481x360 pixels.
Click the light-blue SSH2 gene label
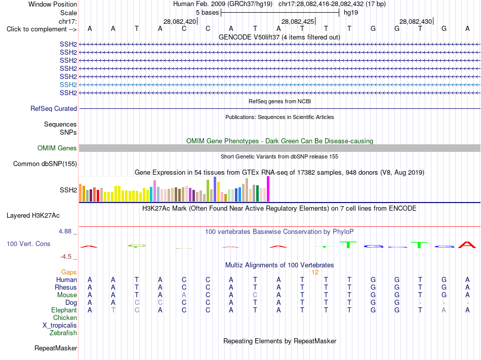coord(68,85)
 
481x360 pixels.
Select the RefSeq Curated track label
coord(54,108)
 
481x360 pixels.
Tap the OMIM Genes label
coord(57,148)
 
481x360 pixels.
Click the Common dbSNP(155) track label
coord(45,164)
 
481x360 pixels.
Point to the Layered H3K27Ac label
coord(33,216)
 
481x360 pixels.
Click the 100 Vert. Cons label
coord(28,244)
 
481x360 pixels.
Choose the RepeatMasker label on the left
coord(56,348)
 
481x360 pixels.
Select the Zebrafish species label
coord(63,333)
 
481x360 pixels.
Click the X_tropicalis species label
coord(60,326)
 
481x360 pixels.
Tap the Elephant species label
coord(64,310)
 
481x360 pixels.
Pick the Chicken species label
coord(65,317)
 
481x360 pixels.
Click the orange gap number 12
coord(315,272)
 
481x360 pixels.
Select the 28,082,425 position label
coord(298,21)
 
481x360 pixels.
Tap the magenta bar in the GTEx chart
coord(268,189)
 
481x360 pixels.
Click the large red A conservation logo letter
coord(467,245)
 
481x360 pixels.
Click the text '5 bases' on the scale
coord(208,13)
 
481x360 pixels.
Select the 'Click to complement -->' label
coord(42,29)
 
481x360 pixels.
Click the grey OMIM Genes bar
coord(279,148)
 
